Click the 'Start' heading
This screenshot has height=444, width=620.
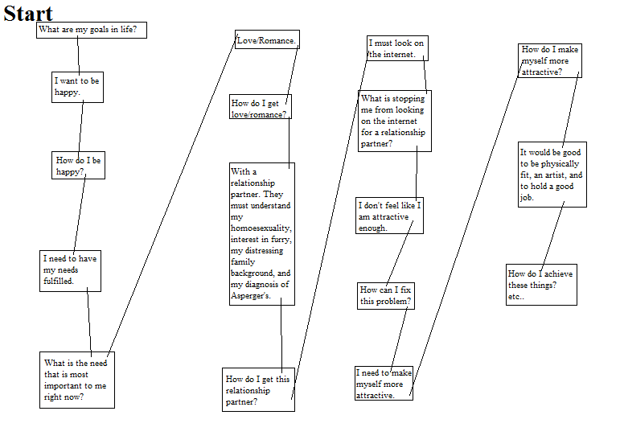click(x=28, y=14)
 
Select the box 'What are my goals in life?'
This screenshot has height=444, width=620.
click(x=92, y=30)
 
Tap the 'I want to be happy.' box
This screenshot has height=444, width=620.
click(x=77, y=87)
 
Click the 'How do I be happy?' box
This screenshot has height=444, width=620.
click(x=78, y=165)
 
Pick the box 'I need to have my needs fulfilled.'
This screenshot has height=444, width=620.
click(x=71, y=271)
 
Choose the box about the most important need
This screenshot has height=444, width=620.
click(x=77, y=380)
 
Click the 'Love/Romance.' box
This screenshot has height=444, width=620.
click(x=267, y=39)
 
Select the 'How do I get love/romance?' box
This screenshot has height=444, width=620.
click(x=261, y=106)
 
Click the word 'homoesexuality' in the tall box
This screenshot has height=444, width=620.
click(x=261, y=228)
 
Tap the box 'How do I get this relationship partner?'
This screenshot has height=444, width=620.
click(x=259, y=389)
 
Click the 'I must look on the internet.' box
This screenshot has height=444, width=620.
click(x=397, y=48)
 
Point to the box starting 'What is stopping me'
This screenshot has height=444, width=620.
click(x=395, y=121)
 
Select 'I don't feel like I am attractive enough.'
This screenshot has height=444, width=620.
click(x=389, y=216)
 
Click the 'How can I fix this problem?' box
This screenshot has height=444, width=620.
click(x=386, y=296)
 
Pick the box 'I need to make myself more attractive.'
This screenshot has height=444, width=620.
click(x=384, y=383)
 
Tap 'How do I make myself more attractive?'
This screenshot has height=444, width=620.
click(x=550, y=60)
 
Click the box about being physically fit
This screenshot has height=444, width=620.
click(x=552, y=175)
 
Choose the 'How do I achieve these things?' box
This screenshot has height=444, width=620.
click(x=541, y=285)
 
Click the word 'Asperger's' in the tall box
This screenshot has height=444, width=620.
click(x=251, y=296)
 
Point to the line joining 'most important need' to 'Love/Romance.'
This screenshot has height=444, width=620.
click(x=172, y=194)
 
